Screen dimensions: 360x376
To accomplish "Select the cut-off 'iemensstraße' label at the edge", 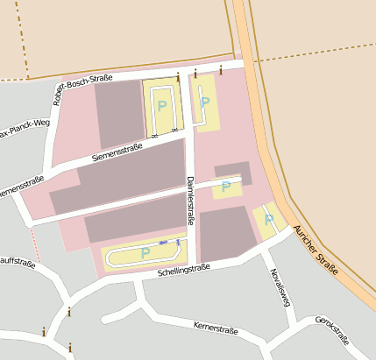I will coord(22,185).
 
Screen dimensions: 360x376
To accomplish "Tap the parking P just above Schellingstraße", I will coord(145,252).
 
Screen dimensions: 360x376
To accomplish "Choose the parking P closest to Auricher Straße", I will coord(269,219).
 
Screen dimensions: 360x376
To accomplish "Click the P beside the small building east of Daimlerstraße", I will coord(226,186).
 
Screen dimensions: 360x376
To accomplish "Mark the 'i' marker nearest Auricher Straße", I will coord(221,69).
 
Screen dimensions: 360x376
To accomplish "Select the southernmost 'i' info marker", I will coord(69,348).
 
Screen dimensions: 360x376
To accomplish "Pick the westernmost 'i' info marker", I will coord(44,332).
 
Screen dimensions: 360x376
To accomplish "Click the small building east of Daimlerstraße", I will coord(233,172).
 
